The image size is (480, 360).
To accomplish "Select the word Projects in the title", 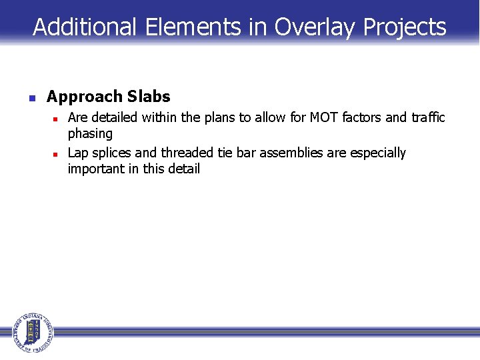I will (x=405, y=27).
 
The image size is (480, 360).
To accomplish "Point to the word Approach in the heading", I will (x=85, y=97).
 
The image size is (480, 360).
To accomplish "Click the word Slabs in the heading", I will (x=149, y=97).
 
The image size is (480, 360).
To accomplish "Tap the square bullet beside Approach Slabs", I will (x=31, y=98).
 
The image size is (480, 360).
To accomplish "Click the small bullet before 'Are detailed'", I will (x=57, y=119).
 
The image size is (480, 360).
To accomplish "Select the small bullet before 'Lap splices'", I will (x=57, y=154).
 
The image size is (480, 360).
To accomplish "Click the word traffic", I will (x=427, y=118).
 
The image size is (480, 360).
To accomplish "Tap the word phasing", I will (x=90, y=134).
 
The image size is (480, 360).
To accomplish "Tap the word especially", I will (x=378, y=153).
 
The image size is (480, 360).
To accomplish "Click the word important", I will (x=95, y=169).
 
